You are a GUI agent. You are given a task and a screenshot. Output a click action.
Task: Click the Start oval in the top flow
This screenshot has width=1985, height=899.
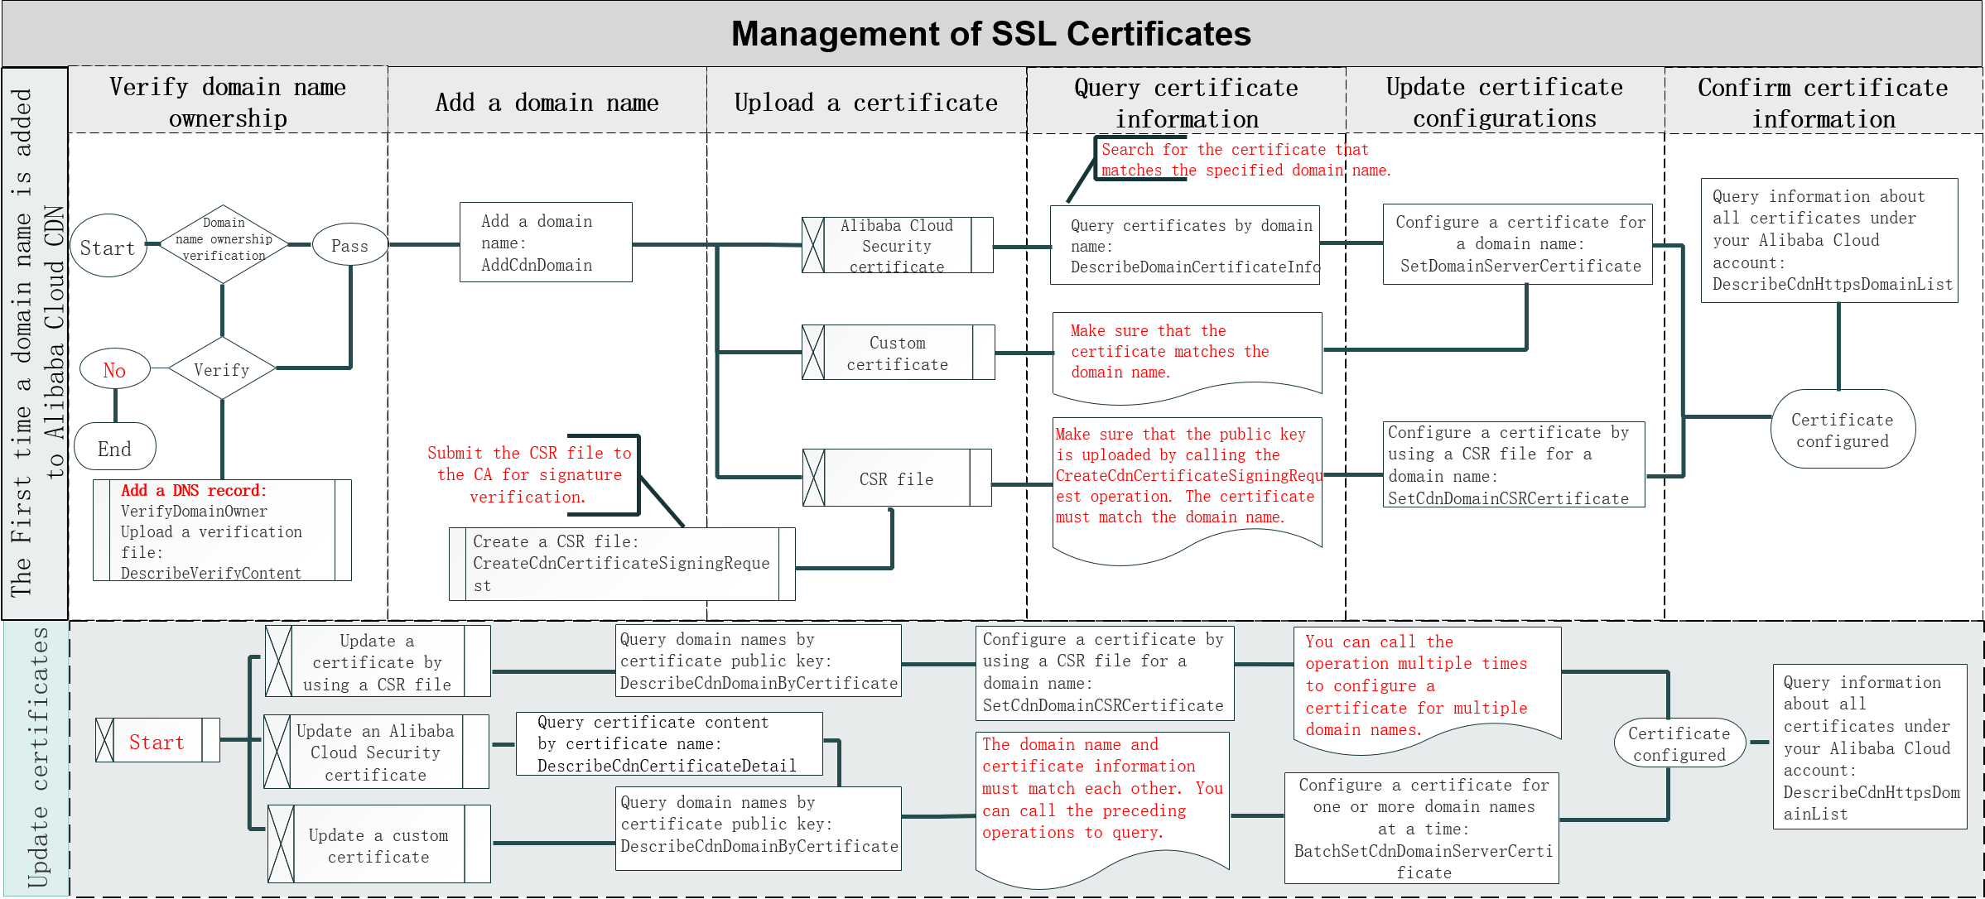[x=108, y=247]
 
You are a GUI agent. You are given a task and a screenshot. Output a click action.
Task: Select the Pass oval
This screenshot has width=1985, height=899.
[x=349, y=245]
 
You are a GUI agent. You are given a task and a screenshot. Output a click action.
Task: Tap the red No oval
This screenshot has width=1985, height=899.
[x=114, y=369]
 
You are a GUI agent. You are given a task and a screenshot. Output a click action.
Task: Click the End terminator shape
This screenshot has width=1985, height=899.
[x=115, y=448]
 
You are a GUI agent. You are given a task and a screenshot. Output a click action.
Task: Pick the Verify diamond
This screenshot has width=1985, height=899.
[x=222, y=369]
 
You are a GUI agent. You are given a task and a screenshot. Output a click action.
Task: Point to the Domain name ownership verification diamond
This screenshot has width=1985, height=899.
[x=224, y=240]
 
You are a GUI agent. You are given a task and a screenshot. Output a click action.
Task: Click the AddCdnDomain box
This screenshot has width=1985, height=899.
[x=545, y=243]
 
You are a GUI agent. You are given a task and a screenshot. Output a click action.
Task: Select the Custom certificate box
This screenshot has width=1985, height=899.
[x=898, y=353]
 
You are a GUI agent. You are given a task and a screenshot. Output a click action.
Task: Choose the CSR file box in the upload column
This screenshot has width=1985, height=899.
[x=897, y=478]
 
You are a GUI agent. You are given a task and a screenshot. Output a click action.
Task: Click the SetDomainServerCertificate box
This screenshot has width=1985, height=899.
[x=1518, y=244]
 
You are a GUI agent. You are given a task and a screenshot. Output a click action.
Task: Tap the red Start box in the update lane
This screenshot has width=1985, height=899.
[x=157, y=741]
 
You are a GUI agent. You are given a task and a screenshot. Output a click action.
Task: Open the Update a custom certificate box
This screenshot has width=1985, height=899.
[x=378, y=845]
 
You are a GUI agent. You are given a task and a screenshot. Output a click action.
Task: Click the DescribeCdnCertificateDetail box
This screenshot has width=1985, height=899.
[x=668, y=743]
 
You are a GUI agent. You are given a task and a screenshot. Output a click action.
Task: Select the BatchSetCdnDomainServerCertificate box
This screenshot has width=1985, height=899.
[x=1422, y=829]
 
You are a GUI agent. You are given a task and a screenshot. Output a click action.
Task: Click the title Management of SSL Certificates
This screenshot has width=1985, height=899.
[x=990, y=34]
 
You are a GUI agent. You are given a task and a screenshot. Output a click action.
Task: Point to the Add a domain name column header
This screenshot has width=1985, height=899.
[x=547, y=103]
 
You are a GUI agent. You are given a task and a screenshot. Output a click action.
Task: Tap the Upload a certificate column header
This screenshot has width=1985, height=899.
[x=865, y=103]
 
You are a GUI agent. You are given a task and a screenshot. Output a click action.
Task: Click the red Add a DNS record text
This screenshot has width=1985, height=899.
[x=194, y=490]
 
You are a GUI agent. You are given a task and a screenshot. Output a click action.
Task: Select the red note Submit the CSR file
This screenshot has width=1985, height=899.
[x=529, y=474]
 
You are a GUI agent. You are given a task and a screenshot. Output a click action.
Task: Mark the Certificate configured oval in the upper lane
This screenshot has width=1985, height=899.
[x=1842, y=430]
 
